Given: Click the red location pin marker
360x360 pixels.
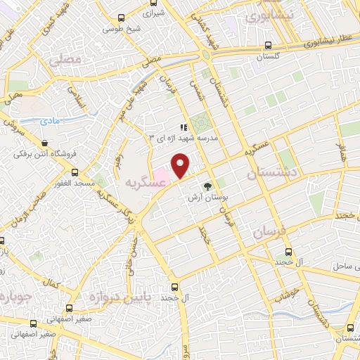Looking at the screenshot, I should tap(181, 165).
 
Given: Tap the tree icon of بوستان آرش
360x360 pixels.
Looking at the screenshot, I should tap(207, 186).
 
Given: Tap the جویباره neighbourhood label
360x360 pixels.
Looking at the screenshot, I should tap(14, 295).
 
